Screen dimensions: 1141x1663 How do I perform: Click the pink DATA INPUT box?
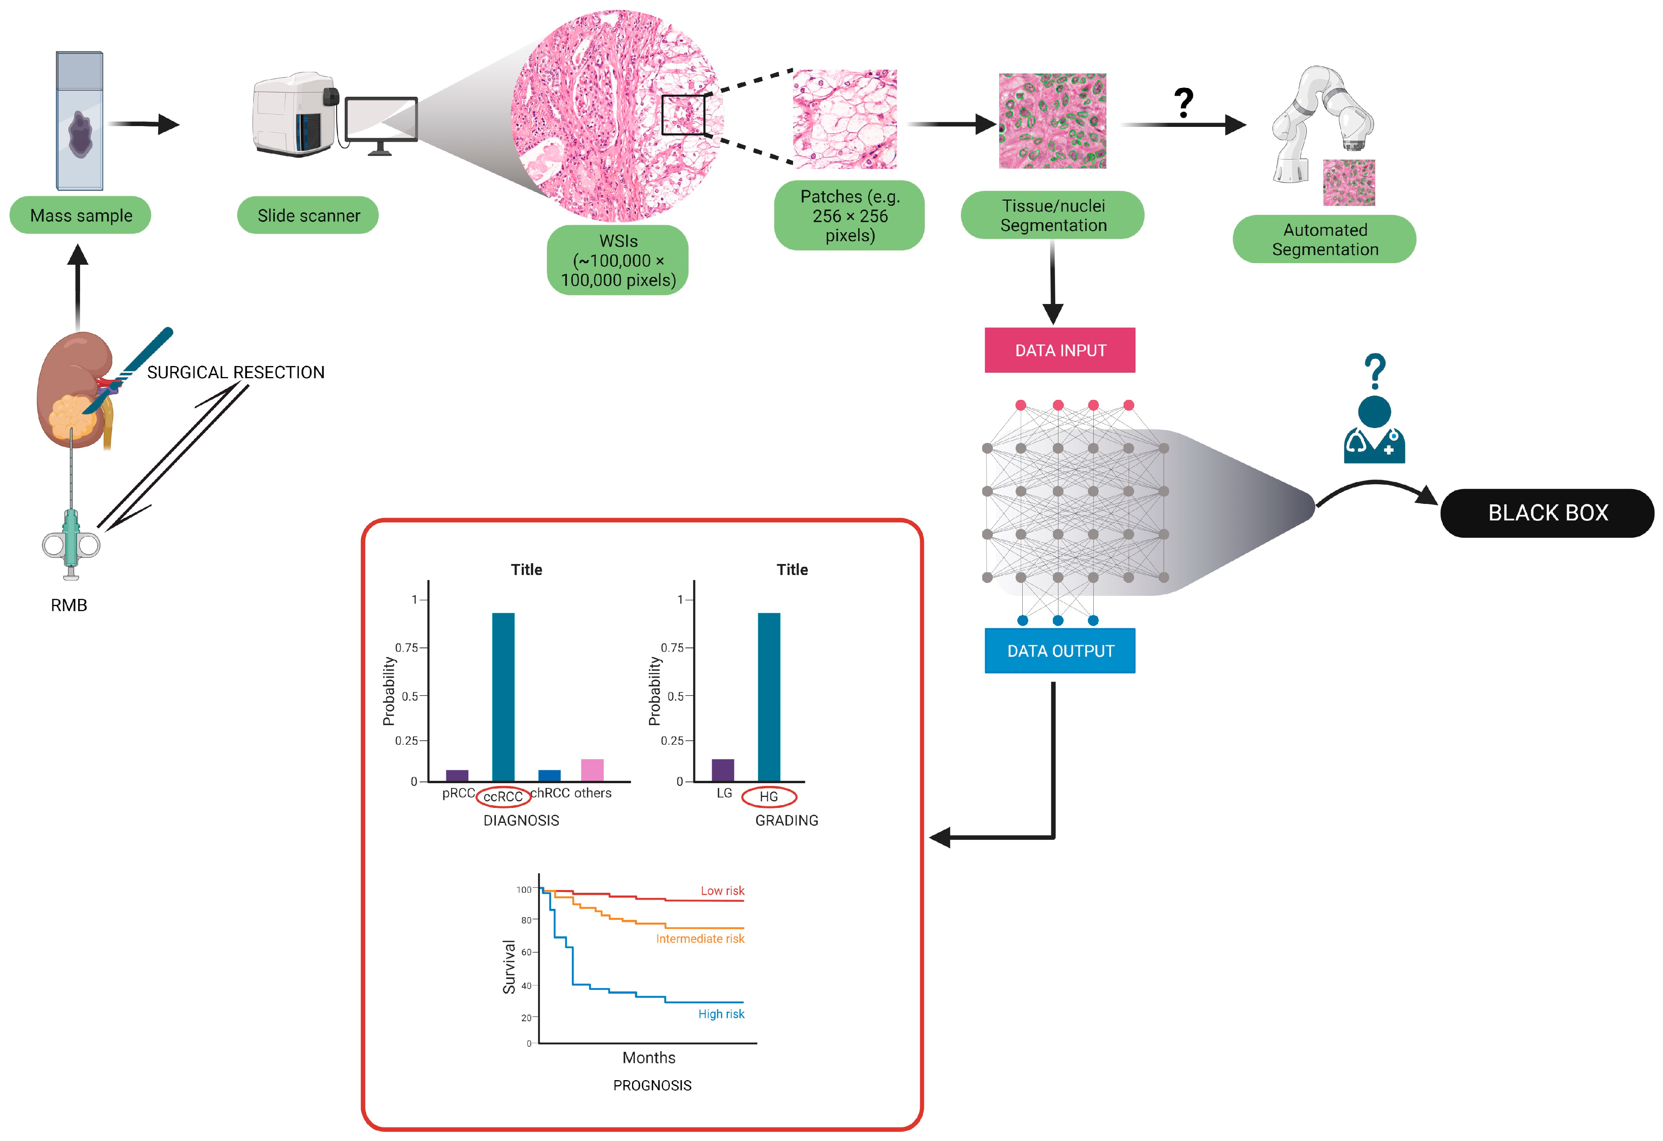coord(1059,350)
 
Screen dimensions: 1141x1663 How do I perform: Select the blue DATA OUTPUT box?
coord(1059,651)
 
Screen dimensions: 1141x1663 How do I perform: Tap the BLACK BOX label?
coord(1547,513)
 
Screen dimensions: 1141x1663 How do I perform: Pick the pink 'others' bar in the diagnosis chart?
coord(592,769)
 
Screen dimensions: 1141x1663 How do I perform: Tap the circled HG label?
coord(769,796)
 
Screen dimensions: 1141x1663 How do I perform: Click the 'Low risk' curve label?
coord(722,890)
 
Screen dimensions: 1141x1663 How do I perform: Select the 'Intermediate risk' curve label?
coord(700,938)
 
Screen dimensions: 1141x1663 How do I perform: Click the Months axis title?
coord(648,1057)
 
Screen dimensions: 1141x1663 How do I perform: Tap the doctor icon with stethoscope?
coord(1374,429)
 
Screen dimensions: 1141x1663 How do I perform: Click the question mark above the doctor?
coord(1374,371)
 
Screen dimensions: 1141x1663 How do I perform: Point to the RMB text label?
coord(69,605)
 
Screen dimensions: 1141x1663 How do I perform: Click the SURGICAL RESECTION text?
coord(236,372)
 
